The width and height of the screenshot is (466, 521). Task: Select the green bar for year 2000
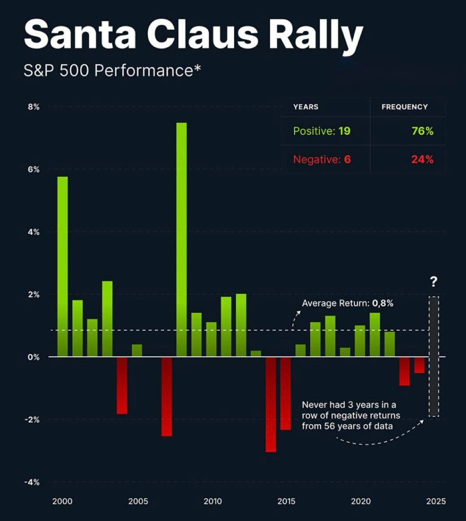coord(62,267)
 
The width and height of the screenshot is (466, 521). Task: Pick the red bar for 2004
coord(122,385)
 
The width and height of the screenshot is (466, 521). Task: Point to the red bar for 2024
coord(419,365)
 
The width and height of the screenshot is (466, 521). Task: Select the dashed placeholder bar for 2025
coord(434,356)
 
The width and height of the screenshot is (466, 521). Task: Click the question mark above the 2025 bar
coord(434,281)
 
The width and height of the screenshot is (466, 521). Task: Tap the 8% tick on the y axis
coord(34,107)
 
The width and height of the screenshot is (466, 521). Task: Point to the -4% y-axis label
coord(32,482)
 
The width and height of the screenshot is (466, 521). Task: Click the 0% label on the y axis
coord(34,357)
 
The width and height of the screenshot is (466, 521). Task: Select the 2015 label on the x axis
coord(286,501)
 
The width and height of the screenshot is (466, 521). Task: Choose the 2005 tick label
coord(138,501)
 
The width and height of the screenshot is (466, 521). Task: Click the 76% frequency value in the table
coord(422,131)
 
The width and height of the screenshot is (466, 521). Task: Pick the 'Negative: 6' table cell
coord(322,160)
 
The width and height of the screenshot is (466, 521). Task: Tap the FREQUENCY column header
coord(405,107)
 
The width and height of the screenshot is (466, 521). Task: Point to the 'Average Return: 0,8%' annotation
coord(348,303)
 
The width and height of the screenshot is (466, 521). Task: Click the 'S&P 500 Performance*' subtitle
coord(112,71)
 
